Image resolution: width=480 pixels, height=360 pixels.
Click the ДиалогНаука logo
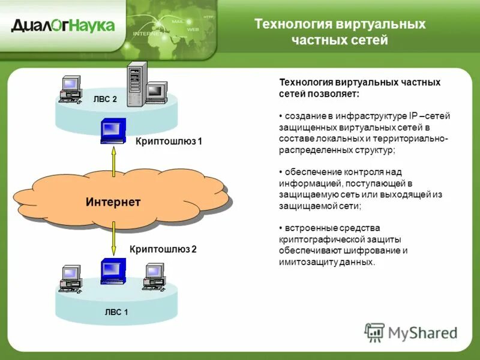[62, 25]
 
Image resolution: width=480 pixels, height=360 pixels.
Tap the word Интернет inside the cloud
[113, 202]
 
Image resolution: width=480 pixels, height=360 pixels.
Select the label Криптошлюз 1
[169, 142]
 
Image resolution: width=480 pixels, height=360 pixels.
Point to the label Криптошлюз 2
[163, 248]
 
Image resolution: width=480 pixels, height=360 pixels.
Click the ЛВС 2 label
[105, 100]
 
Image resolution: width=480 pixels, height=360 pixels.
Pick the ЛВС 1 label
[116, 312]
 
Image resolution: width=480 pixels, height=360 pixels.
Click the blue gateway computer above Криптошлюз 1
[113, 131]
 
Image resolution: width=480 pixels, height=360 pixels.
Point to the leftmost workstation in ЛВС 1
[71, 278]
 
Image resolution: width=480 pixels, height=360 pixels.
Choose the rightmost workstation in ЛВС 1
[154, 276]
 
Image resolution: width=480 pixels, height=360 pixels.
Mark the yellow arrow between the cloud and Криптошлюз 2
[113, 238]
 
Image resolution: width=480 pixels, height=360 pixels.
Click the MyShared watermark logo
[411, 332]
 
